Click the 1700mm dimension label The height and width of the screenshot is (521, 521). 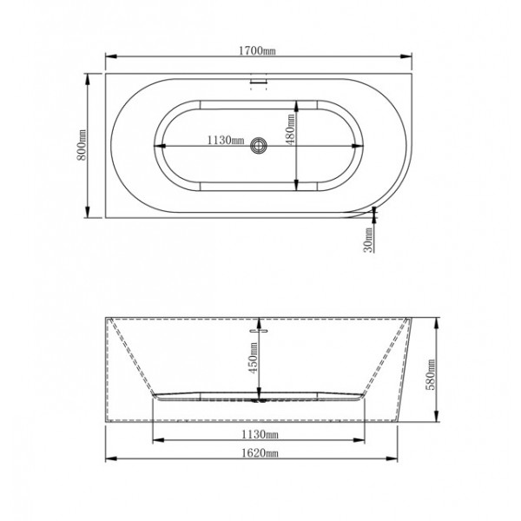(x=257, y=50)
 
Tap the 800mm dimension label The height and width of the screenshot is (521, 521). (x=82, y=145)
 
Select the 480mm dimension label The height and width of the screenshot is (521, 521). (x=290, y=129)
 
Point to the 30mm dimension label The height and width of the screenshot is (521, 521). (x=368, y=240)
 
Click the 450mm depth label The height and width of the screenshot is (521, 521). (x=254, y=358)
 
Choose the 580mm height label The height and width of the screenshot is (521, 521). (x=431, y=374)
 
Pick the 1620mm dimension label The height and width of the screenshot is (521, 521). (x=259, y=452)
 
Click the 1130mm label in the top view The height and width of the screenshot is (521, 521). (x=226, y=140)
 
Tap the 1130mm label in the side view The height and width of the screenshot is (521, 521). (x=260, y=434)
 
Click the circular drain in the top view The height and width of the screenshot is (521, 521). (x=259, y=146)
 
